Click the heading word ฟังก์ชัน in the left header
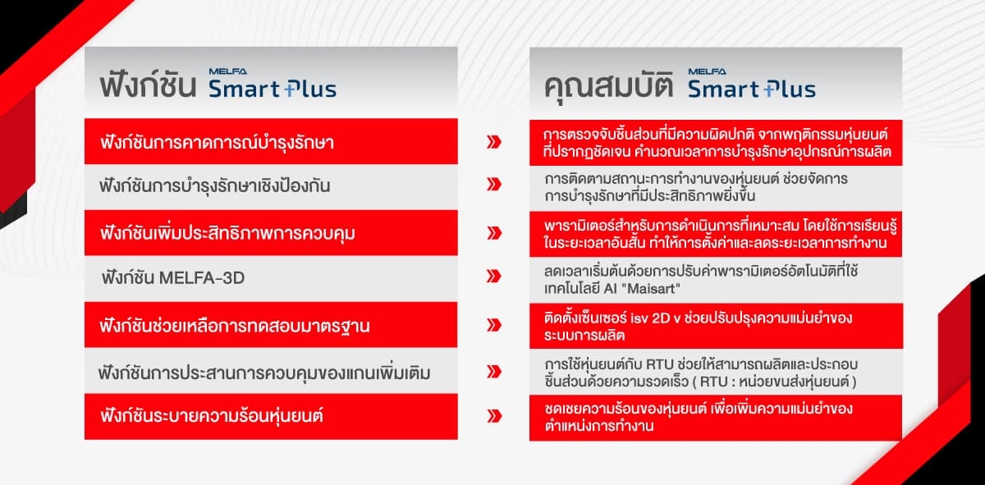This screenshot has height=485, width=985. [x=148, y=85]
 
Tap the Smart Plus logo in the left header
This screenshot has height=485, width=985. [x=273, y=83]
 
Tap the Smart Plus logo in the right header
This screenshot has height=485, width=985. [x=752, y=83]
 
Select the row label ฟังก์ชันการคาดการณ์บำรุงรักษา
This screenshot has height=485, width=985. [x=218, y=142]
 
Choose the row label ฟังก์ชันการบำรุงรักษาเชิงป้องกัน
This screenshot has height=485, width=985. [x=214, y=185]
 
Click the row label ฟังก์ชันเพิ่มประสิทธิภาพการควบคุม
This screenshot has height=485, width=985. [x=227, y=232]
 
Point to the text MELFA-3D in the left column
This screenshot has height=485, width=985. [x=201, y=278]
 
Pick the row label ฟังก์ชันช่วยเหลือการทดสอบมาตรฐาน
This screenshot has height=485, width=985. [x=235, y=326]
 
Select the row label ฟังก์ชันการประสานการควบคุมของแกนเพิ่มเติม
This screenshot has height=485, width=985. [x=264, y=373]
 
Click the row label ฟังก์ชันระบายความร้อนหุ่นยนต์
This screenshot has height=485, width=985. [x=212, y=415]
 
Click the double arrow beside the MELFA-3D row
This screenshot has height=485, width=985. [x=494, y=276]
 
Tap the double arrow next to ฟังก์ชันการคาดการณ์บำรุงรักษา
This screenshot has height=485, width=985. [x=494, y=142]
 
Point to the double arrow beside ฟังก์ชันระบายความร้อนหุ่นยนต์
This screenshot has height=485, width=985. [x=494, y=416]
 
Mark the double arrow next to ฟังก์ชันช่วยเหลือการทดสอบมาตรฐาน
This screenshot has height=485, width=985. [x=494, y=325]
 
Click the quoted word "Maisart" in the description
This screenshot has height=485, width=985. [x=653, y=288]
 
